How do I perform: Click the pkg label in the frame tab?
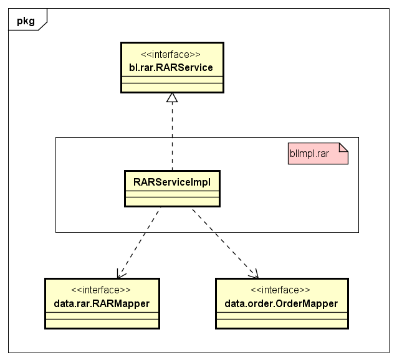coord(26,21)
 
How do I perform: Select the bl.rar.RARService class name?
coord(171,67)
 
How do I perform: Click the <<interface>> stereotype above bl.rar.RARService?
coord(171,54)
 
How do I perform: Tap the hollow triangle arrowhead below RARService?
coord(172,97)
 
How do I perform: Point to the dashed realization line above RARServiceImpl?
coord(172,136)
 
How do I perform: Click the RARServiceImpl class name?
coord(172,182)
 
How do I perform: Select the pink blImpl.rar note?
coord(318,154)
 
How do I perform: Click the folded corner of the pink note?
coord(343,147)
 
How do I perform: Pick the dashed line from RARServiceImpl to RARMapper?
coord(139,243)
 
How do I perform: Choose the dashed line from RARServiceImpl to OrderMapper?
coord(225,243)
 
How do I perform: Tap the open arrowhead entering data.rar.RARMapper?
coord(120,274)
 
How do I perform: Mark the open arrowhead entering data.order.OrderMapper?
coord(254,274)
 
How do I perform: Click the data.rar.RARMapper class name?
coord(102,303)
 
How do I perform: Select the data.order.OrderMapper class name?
coord(281,303)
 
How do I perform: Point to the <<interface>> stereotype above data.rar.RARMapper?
coord(101,290)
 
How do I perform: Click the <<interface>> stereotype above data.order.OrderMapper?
coord(280,290)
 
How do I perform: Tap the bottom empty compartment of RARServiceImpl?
coord(172,201)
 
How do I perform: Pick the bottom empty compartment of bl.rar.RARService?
coord(172,87)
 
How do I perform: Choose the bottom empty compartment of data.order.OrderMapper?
coord(282,323)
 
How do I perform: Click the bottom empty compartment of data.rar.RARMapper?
coord(102,323)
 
